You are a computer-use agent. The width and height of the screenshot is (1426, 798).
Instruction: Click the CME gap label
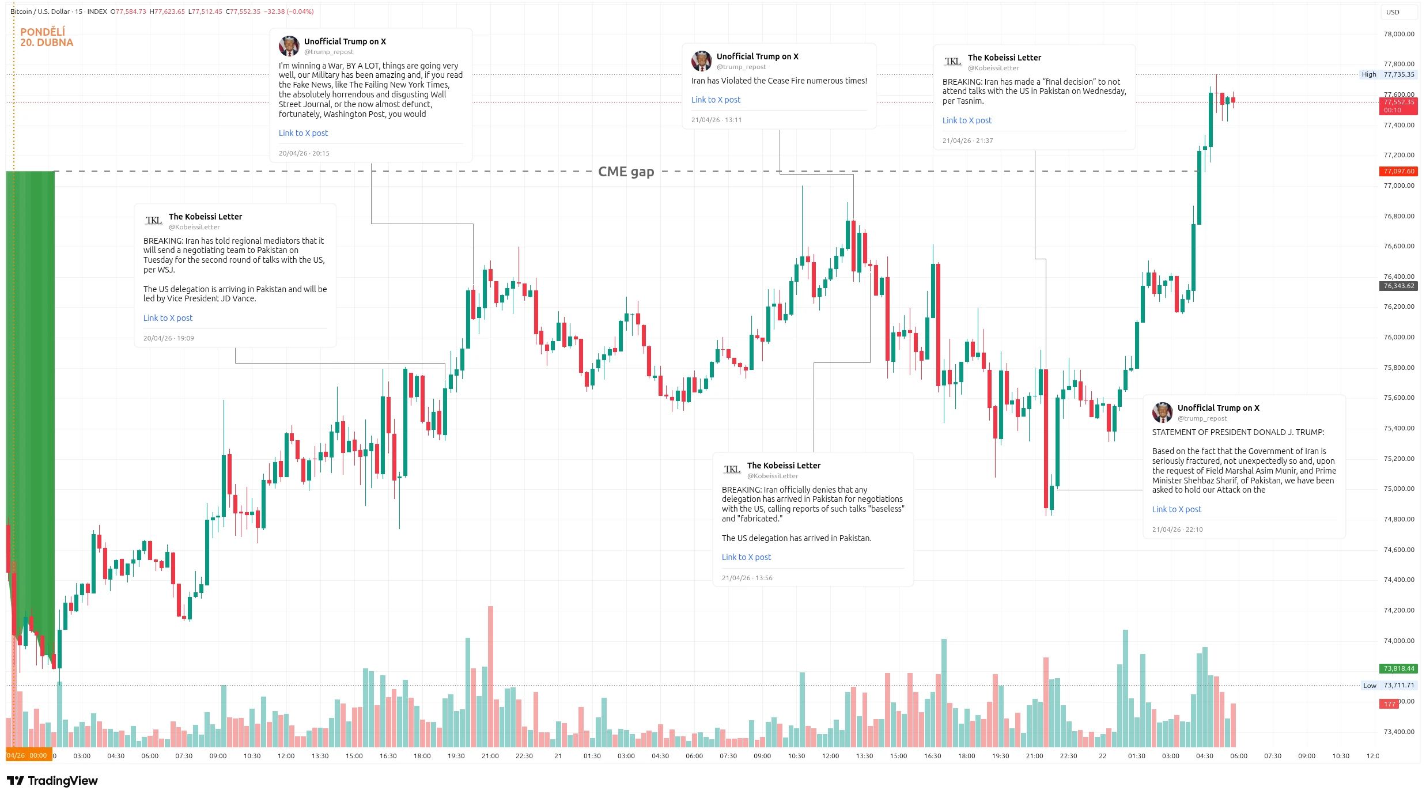[626, 172]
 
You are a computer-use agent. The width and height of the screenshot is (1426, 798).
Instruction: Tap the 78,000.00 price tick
[1398, 34]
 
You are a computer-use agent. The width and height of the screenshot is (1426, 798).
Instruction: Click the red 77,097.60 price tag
[1398, 171]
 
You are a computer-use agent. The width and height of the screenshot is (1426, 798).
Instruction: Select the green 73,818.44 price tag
[1398, 668]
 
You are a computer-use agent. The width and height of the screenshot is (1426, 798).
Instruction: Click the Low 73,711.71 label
[1388, 685]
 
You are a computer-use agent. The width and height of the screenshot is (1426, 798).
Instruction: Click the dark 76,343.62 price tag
[1398, 286]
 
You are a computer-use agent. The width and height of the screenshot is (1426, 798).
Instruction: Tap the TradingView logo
[52, 781]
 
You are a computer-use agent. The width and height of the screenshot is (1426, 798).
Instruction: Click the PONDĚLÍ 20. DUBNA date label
[46, 37]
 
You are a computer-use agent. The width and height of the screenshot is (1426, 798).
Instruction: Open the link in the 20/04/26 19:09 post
[168, 318]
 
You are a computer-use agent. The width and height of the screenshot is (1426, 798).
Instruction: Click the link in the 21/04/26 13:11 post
[716, 100]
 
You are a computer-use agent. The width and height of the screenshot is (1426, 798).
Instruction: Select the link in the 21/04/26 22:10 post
[1177, 509]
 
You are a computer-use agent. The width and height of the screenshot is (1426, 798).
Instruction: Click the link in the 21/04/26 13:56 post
[746, 557]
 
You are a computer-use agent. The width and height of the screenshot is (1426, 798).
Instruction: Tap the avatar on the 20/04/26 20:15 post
[289, 46]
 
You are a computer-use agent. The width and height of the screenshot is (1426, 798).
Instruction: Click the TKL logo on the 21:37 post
[952, 62]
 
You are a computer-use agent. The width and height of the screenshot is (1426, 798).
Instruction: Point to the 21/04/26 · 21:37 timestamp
[967, 141]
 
